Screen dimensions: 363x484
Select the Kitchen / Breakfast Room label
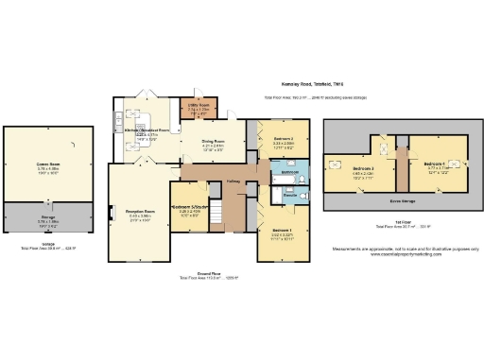point(152,130)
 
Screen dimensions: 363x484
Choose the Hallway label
point(233,181)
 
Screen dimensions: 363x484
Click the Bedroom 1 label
point(283,230)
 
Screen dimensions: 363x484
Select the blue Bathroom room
point(290,173)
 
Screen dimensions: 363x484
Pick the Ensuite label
point(291,196)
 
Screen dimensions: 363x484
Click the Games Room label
point(49,163)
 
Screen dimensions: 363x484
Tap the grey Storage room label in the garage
point(47,217)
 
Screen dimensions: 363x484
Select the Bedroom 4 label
point(435,162)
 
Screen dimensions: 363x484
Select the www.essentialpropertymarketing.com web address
point(401,254)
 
